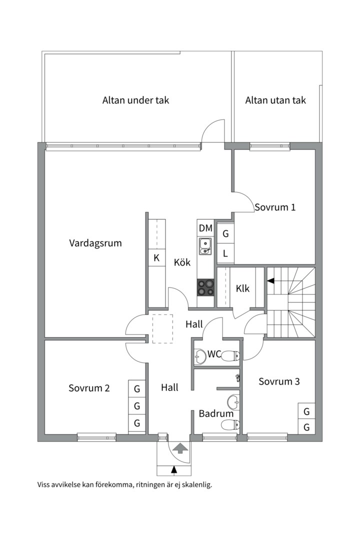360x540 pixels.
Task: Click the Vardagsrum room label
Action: pyautogui.click(x=95, y=243)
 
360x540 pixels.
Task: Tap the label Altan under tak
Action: pyautogui.click(x=135, y=100)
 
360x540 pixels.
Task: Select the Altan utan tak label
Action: pyautogui.click(x=275, y=100)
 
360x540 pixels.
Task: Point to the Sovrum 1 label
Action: pyautogui.click(x=275, y=207)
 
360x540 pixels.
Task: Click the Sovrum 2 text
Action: pyautogui.click(x=89, y=388)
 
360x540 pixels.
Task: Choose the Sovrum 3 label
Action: pyautogui.click(x=279, y=381)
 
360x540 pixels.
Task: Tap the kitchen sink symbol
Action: pyautogui.click(x=205, y=245)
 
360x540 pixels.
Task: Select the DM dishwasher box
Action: pyautogui.click(x=205, y=228)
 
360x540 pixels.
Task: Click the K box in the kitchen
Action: pyautogui.click(x=157, y=258)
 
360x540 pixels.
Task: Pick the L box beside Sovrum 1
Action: pyautogui.click(x=225, y=253)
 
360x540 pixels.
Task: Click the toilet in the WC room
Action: pyautogui.click(x=230, y=356)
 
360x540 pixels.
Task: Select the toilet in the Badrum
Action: pyautogui.click(x=230, y=425)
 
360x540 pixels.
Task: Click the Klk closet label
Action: pyautogui.click(x=242, y=288)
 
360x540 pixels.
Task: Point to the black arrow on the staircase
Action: pyautogui.click(x=270, y=281)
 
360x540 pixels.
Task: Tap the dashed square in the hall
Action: pyautogui.click(x=162, y=328)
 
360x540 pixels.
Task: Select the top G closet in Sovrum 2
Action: pyautogui.click(x=137, y=388)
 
